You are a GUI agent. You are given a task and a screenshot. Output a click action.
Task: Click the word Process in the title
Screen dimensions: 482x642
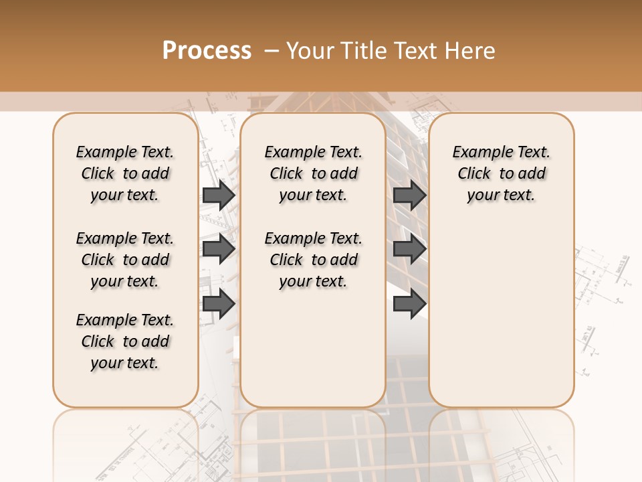coord(207,50)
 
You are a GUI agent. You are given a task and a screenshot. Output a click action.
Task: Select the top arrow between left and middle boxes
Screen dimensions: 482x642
coord(219,195)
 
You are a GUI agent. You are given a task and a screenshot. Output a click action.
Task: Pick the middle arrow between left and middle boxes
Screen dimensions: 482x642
coord(219,249)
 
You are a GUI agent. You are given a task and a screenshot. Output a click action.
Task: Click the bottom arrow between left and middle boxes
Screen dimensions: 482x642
coord(219,303)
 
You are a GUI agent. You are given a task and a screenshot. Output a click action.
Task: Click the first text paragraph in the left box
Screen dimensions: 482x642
coord(125,173)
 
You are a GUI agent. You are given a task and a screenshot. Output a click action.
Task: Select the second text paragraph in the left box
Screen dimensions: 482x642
coord(125,260)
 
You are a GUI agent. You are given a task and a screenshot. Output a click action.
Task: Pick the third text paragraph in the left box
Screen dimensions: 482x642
coord(125,341)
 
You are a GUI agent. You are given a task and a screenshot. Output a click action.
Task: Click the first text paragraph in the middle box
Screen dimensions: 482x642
coord(314,173)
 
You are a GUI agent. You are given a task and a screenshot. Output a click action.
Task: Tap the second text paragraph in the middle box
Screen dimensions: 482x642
coord(314,260)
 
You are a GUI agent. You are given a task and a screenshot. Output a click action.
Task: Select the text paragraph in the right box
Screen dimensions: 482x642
coord(502,173)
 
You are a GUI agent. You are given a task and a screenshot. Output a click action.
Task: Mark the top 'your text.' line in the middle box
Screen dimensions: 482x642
coord(313,195)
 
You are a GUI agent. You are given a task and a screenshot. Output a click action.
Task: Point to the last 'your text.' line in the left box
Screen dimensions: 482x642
coord(124,363)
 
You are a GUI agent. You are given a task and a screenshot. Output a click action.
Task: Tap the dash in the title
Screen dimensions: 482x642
coord(272,50)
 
